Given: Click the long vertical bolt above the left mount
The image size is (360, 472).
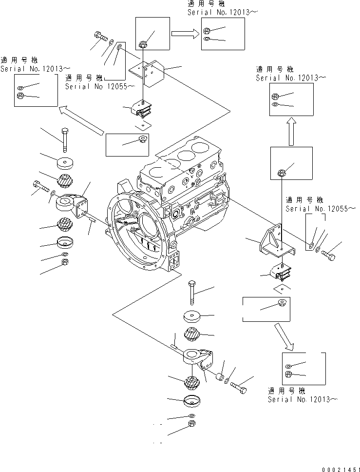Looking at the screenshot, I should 64,139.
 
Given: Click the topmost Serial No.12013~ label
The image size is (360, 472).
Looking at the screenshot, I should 222,12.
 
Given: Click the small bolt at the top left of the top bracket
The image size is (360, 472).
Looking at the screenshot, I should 99,36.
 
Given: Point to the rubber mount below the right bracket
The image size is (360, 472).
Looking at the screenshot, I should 280,271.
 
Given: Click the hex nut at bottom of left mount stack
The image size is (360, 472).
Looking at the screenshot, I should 65,263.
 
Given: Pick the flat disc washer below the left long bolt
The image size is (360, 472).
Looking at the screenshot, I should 65,162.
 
